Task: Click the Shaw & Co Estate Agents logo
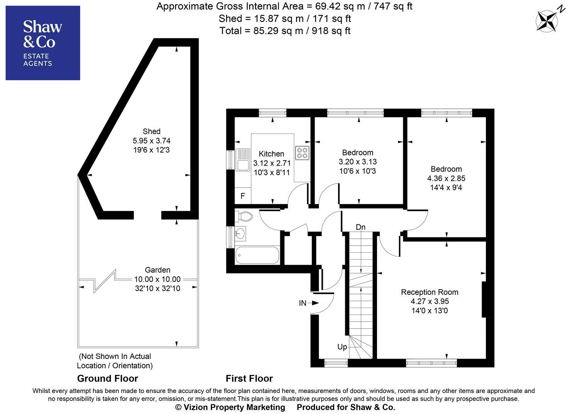pyautogui.click(x=43, y=43)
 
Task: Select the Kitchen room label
pyautogui.click(x=271, y=154)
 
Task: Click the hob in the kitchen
pyautogui.click(x=302, y=153)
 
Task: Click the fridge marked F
pyautogui.click(x=243, y=196)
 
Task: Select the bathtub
pyautogui.click(x=257, y=255)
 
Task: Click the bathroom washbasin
pyautogui.click(x=240, y=233)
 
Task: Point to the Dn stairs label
pyautogui.click(x=360, y=227)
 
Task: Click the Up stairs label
pyautogui.click(x=342, y=347)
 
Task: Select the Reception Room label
pyautogui.click(x=430, y=292)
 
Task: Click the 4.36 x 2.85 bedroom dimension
pyautogui.click(x=446, y=178)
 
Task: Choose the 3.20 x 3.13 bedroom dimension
pyautogui.click(x=358, y=162)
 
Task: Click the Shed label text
pyautogui.click(x=152, y=132)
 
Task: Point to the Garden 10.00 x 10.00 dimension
pyautogui.click(x=157, y=279)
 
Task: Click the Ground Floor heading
pyautogui.click(x=107, y=378)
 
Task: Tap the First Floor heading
pyautogui.click(x=249, y=378)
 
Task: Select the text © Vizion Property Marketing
pyautogui.click(x=230, y=407)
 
